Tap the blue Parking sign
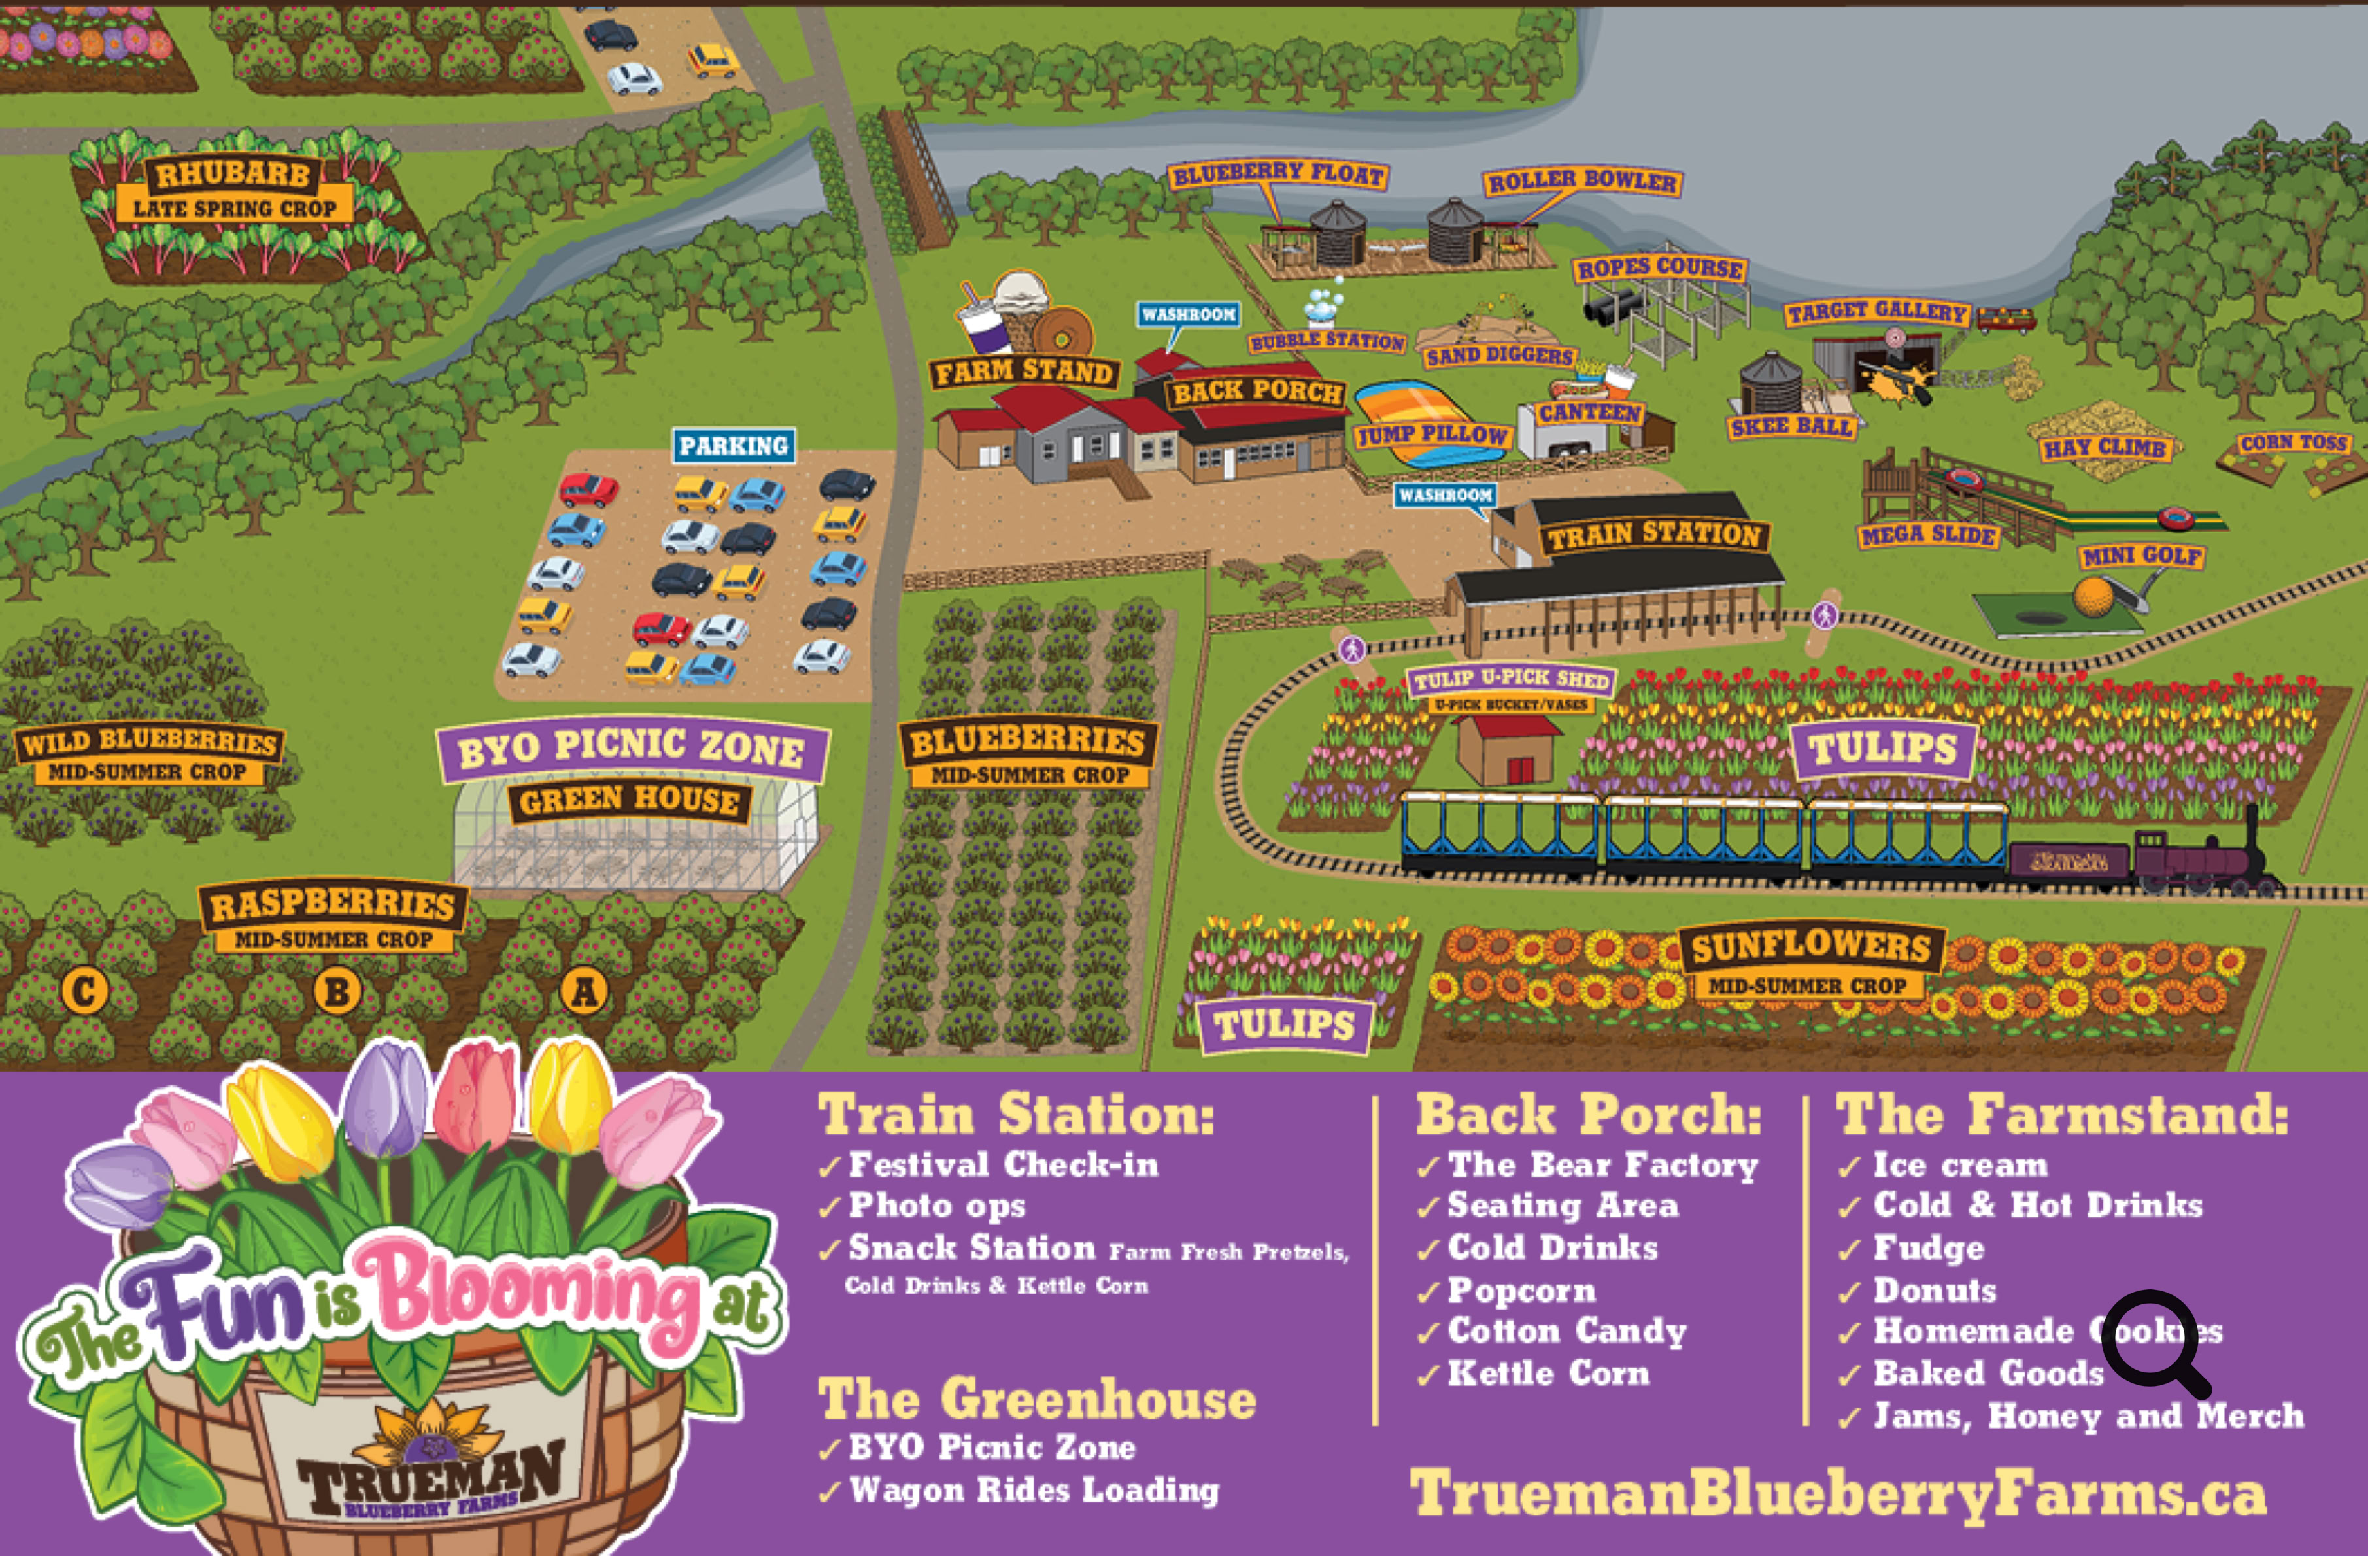(x=734, y=446)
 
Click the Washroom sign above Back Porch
(x=1189, y=314)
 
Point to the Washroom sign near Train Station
(x=1445, y=494)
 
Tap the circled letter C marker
(x=84, y=991)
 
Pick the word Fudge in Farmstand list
(x=1928, y=1247)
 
